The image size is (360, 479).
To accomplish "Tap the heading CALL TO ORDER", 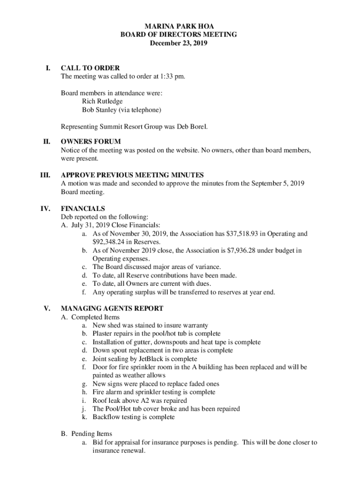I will (x=90, y=68).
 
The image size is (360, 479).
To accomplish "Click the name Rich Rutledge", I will (x=102, y=102).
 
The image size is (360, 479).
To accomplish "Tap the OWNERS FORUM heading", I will (x=91, y=142).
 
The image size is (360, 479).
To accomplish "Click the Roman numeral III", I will (x=45, y=175).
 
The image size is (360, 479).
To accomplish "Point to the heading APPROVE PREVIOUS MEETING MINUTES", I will (x=132, y=175).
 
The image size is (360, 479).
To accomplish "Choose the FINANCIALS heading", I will (x=83, y=209).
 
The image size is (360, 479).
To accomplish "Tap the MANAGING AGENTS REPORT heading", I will (x=112, y=309).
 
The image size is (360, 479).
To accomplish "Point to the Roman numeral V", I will (x=47, y=309).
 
